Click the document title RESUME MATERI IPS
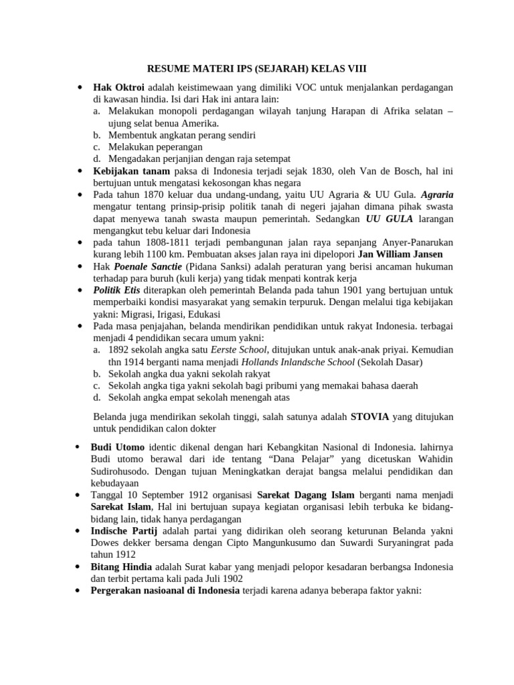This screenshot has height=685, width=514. point(257,68)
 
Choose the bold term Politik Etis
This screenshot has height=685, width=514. point(116,290)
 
